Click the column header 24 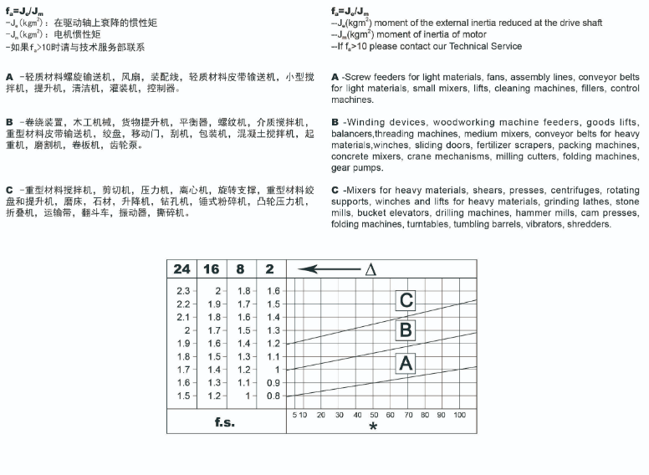click(182, 269)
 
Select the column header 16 click(212, 269)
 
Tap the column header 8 click(241, 269)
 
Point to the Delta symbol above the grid click(370, 269)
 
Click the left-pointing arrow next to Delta click(327, 269)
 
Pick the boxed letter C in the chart click(406, 300)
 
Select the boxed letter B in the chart click(406, 330)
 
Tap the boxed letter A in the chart click(406, 363)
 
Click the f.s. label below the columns click(224, 421)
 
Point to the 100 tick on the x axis click(459, 415)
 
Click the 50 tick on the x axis click(375, 415)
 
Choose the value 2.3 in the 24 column click(182, 290)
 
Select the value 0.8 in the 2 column click(273, 396)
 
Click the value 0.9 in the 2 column click(273, 382)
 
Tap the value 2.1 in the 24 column click(182, 317)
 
